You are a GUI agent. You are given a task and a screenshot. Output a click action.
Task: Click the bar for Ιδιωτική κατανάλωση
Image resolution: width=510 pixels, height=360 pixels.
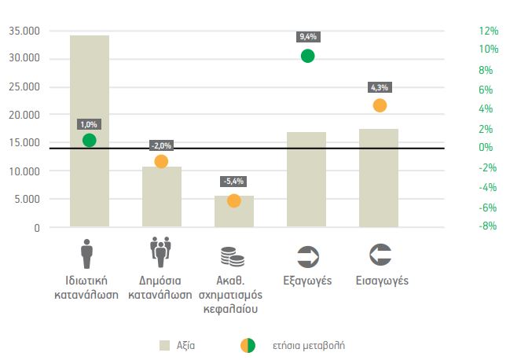89,189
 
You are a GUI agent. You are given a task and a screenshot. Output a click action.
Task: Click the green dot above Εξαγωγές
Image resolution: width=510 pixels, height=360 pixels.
307,56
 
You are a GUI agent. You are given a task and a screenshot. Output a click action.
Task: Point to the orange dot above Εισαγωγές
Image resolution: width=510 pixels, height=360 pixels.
380,105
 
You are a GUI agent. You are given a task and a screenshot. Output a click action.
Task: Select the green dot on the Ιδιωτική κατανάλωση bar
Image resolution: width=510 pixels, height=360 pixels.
89,140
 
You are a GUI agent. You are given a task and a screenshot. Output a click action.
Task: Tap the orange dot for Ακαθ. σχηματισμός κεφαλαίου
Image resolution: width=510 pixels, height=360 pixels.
233,200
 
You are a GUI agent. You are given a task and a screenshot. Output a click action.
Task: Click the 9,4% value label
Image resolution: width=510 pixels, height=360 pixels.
307,37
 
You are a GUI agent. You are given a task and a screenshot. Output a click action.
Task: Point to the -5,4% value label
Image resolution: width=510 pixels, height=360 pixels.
233,182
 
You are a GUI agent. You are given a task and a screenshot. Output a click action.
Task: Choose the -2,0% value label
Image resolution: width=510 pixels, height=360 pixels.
161,145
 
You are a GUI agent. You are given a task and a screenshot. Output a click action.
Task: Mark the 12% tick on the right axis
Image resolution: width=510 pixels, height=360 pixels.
488,31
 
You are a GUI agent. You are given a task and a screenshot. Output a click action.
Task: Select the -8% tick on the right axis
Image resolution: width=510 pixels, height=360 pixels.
488,226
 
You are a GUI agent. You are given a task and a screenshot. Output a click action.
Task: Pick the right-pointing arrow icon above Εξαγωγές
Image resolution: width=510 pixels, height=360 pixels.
306,255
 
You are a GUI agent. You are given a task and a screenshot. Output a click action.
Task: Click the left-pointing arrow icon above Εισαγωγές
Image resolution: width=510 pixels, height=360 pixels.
379,255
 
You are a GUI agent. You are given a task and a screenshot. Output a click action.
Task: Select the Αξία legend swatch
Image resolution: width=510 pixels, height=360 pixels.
164,344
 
